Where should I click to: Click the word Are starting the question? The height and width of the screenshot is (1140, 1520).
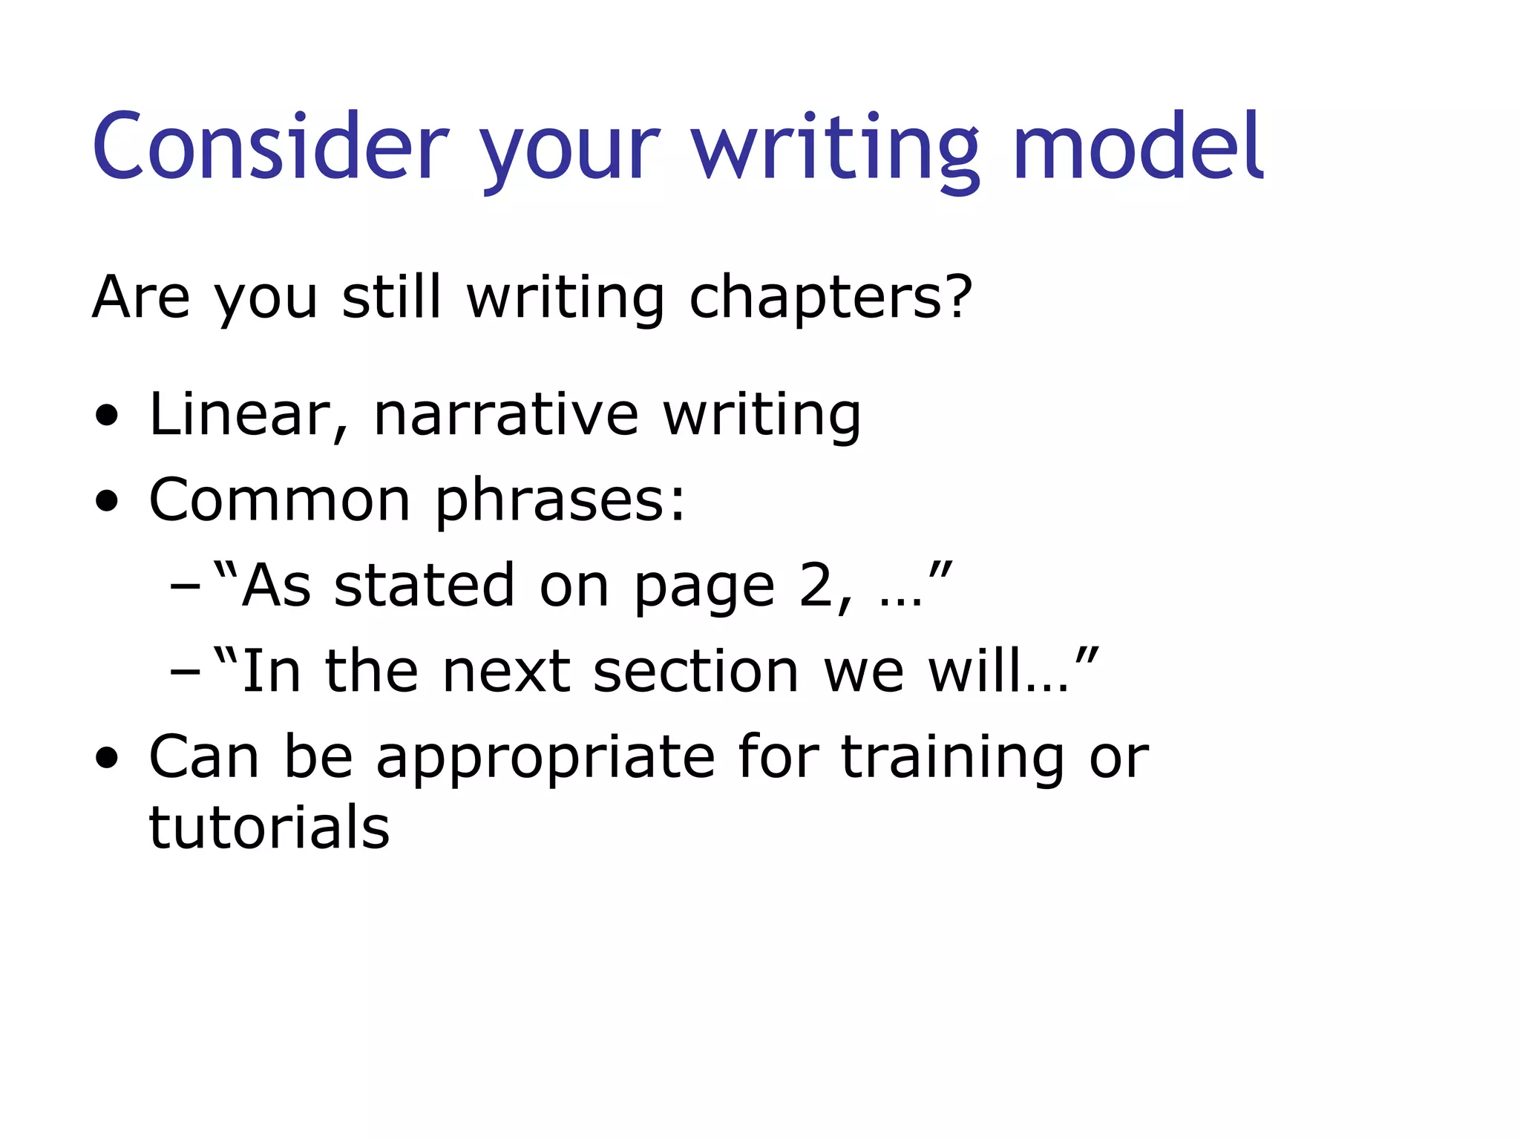(x=141, y=298)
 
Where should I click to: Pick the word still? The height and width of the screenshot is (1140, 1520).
(x=391, y=298)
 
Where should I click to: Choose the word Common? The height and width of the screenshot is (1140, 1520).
(x=279, y=499)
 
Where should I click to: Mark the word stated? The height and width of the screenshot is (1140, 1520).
(x=424, y=586)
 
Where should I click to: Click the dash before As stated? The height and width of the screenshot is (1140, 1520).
(x=185, y=586)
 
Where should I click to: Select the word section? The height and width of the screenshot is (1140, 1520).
(x=696, y=671)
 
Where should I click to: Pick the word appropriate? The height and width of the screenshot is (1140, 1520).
(x=546, y=758)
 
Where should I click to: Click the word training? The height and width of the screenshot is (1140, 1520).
(x=953, y=758)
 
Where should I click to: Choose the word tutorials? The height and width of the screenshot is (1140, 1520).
(x=269, y=827)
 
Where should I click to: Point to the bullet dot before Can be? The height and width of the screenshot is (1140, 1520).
(x=107, y=759)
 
